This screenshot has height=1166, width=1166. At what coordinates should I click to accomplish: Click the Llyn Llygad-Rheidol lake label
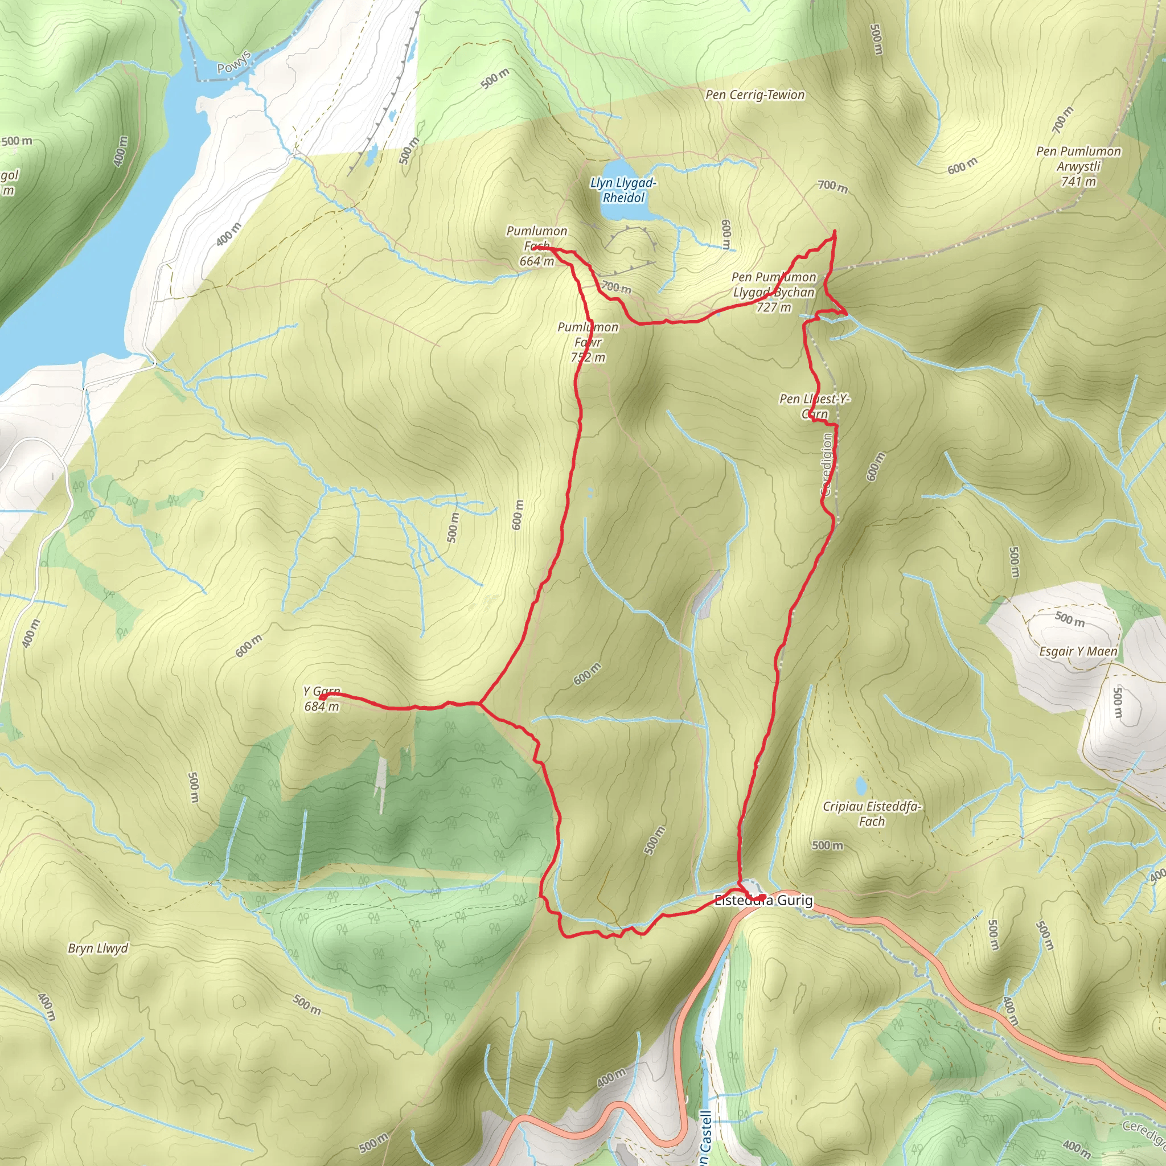tap(623, 190)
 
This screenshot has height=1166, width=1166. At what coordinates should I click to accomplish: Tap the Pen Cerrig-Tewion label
tap(755, 95)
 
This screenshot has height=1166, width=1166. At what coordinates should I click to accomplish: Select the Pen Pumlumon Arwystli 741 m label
tap(1078, 166)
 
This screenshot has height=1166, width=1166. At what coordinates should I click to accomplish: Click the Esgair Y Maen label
tap(1078, 651)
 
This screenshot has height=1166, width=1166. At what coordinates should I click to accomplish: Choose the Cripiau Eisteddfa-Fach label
tap(872, 814)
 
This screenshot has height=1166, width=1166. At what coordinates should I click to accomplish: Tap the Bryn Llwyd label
tap(98, 948)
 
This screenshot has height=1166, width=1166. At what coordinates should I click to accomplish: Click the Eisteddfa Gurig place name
tap(763, 901)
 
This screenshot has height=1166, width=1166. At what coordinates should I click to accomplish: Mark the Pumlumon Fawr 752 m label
tap(588, 342)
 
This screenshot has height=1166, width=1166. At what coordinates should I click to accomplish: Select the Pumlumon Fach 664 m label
tap(536, 246)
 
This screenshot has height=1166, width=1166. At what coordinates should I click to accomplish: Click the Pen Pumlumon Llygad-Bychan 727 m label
tap(774, 292)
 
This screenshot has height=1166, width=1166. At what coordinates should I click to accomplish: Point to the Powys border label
tap(233, 63)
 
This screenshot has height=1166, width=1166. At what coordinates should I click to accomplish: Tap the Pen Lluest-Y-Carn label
tap(815, 406)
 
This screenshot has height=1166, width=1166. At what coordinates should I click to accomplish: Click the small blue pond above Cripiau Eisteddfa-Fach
tap(861, 786)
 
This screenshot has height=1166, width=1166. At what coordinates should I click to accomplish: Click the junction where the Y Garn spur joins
tap(480, 703)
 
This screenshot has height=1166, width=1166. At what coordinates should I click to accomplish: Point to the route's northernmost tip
tap(835, 232)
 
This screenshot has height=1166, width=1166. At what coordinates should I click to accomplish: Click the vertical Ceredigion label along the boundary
tap(827, 465)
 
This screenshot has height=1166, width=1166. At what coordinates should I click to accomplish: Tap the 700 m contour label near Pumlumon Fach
tap(616, 288)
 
